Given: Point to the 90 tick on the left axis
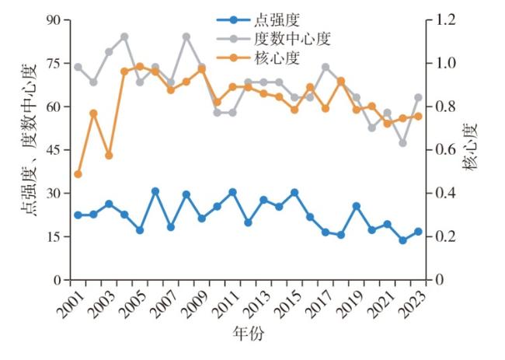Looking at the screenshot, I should pos(53,19).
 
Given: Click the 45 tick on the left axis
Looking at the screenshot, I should pos(53,150).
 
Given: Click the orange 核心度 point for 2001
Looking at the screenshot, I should pos(78,174).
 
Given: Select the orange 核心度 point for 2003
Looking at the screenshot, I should pos(109,156).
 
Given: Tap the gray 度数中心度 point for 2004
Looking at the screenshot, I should pos(124,37).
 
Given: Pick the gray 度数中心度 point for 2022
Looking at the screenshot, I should pos(402,143).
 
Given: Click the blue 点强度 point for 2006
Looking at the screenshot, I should pos(155,190).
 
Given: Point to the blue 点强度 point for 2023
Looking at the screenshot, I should pos(418,232).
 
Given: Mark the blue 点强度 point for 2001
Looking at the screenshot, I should pos(78,215).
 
